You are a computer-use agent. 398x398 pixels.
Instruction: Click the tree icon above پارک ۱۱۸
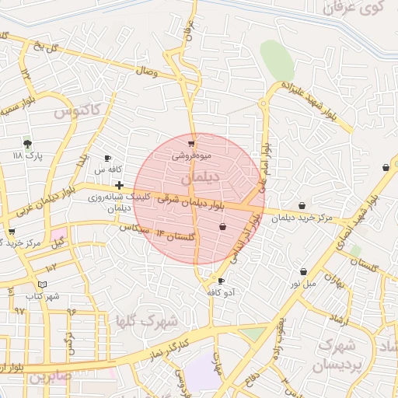click(x=28, y=144)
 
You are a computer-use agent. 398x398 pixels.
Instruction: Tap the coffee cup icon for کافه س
click(x=107, y=159)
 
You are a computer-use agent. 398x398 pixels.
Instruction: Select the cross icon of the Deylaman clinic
click(x=118, y=185)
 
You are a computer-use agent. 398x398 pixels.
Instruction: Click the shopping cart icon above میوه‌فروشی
click(x=191, y=144)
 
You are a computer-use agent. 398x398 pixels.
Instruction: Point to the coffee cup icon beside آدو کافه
click(x=222, y=281)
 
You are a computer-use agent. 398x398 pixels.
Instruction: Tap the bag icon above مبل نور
click(x=303, y=271)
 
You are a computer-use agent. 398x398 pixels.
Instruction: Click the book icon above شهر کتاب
click(x=42, y=285)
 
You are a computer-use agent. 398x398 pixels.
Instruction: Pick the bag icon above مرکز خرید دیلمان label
click(x=302, y=206)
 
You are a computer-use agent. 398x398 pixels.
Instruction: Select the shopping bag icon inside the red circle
click(x=224, y=227)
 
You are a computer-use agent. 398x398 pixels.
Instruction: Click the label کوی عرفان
click(x=357, y=9)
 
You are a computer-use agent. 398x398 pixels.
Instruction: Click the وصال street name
click(x=146, y=72)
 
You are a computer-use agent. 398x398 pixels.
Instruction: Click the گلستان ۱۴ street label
click(x=171, y=234)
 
